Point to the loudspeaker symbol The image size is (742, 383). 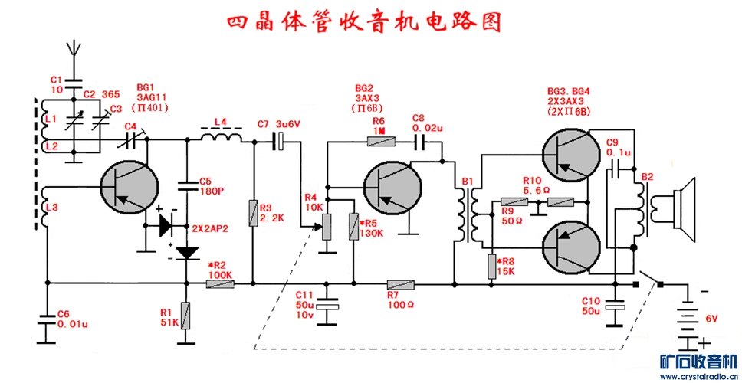(681, 205)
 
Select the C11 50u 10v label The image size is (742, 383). (304, 305)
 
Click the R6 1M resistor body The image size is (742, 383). (381, 140)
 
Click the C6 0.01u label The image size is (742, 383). (72, 319)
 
